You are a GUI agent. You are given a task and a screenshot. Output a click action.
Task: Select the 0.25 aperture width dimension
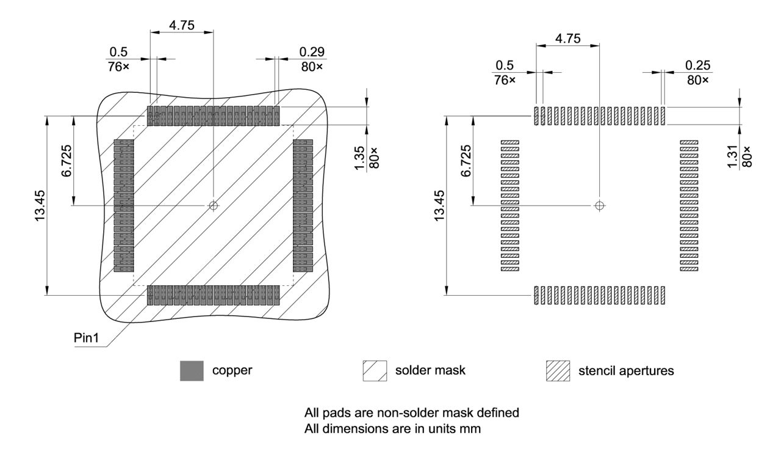tap(697, 65)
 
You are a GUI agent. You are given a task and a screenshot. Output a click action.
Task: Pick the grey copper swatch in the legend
tap(192, 371)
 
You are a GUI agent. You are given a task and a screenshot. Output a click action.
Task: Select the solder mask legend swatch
tap(374, 371)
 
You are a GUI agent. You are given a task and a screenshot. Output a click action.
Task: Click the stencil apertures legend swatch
tap(558, 371)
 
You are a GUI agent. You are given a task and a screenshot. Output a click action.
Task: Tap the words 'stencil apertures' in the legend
tap(625, 371)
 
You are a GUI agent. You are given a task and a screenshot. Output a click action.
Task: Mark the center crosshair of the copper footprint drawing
tap(213, 206)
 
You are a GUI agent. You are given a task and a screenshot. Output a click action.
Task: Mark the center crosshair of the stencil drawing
tap(600, 206)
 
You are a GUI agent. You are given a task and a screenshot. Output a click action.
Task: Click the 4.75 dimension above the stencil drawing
tap(567, 38)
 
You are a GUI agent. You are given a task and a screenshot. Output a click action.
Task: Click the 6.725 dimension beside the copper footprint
tap(67, 160)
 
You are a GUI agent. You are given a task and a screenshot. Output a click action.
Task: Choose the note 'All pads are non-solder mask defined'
tap(411, 413)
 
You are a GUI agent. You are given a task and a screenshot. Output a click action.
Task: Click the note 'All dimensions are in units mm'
tap(393, 429)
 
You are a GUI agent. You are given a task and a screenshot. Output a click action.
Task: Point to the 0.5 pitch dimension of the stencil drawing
tap(504, 65)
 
